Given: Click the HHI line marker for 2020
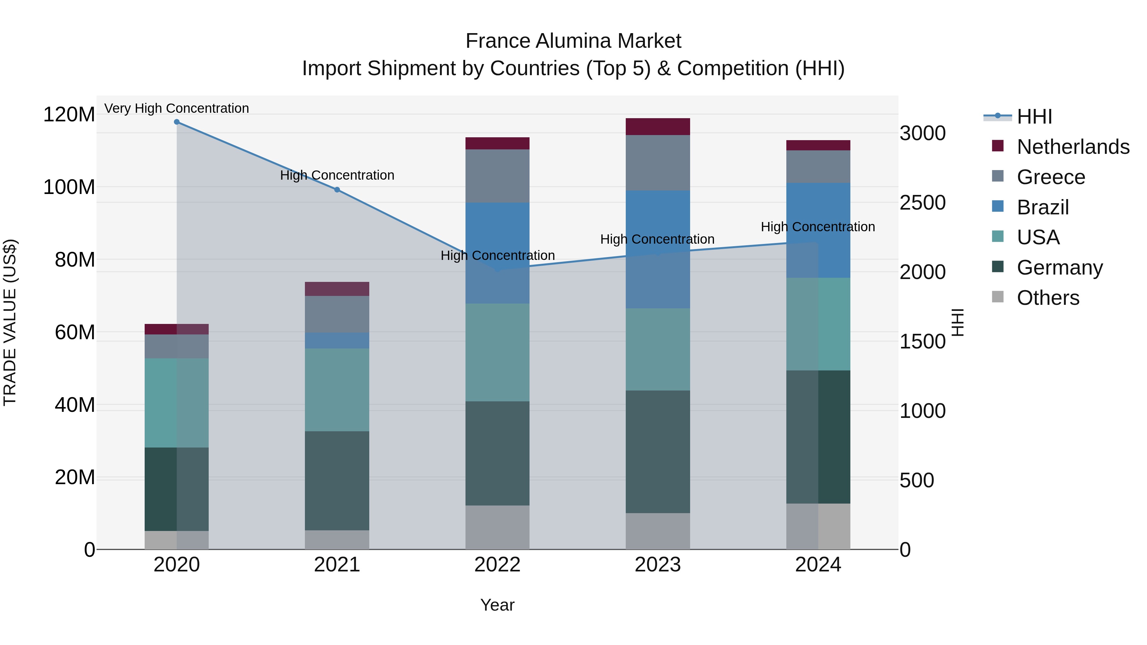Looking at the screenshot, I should [177, 122].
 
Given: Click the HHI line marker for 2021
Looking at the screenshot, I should [337, 190].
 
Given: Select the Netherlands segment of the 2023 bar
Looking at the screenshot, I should [658, 126].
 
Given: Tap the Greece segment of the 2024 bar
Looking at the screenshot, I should [818, 167].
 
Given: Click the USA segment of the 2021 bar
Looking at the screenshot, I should [337, 390].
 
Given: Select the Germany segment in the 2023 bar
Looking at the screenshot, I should [658, 451].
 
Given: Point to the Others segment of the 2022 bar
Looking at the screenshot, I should [497, 527].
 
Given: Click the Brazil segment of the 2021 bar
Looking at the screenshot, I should [337, 340].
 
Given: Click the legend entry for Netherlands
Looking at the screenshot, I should [1073, 147].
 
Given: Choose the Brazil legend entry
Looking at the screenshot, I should [1043, 207].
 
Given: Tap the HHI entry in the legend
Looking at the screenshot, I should [1034, 117].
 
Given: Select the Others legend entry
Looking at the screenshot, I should [1048, 298].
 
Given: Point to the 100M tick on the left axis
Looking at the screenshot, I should [69, 187].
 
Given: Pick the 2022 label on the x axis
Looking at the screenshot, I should [497, 565].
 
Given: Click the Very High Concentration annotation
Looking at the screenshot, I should [177, 109].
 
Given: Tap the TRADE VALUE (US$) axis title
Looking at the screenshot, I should [10, 322].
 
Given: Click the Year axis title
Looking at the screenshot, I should [497, 605].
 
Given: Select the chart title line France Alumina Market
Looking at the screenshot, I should [573, 41].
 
